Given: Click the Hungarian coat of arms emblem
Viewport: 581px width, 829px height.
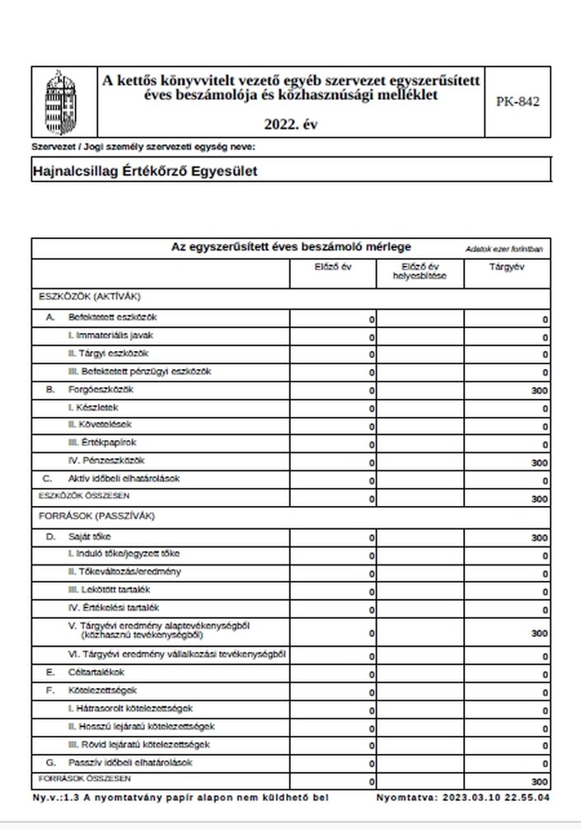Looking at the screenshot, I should (62, 102).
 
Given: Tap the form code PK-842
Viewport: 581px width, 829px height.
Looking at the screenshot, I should (518, 102).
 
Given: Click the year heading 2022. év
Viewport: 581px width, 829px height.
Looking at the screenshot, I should (290, 124).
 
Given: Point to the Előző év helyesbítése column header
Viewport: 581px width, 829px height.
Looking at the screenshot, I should (419, 271).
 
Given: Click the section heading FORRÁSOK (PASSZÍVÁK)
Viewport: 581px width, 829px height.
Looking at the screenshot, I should (96, 517).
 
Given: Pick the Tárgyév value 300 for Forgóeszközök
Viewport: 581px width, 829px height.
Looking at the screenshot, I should (540, 391).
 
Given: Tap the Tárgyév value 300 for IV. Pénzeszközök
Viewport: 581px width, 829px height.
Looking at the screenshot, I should (540, 463).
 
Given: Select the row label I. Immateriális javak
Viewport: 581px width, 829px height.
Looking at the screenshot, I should (110, 335).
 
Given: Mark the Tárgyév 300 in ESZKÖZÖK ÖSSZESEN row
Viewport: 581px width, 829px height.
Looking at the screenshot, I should (540, 499).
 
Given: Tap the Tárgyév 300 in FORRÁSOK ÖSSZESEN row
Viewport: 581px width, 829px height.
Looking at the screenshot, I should (540, 781).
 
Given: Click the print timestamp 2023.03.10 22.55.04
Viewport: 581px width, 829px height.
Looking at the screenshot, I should (496, 799).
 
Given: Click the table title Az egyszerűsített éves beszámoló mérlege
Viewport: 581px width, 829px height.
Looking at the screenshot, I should (291, 247).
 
